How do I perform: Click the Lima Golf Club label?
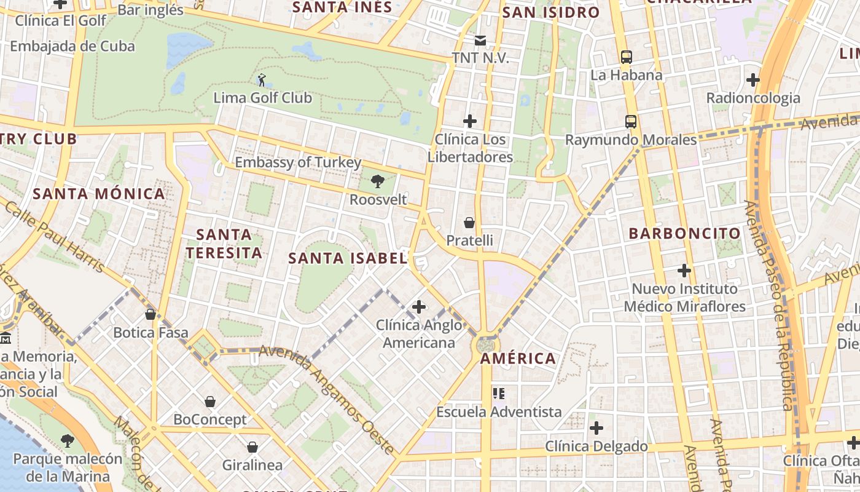coord(262,98)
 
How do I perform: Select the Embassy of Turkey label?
coord(298,163)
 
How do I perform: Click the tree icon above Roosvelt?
coord(378,181)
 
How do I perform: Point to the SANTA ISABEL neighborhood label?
coord(348,258)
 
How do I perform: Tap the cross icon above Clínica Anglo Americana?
coord(419,306)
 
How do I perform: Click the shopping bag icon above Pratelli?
coord(469,222)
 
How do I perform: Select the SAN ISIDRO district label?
coord(550,12)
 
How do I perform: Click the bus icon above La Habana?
coord(627,57)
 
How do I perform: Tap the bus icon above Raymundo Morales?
coord(631,121)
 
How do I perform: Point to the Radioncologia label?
coord(753,98)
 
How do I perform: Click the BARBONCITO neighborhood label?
coord(685,234)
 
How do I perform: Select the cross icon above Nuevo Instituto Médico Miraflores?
coord(684,270)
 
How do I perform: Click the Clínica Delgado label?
coord(596,446)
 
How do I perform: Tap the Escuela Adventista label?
coord(499,412)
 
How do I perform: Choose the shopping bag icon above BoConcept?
coord(210,402)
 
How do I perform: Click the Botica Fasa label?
coord(150,333)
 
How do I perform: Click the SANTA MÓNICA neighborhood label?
coord(99,194)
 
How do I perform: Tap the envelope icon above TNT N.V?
coord(480,41)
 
